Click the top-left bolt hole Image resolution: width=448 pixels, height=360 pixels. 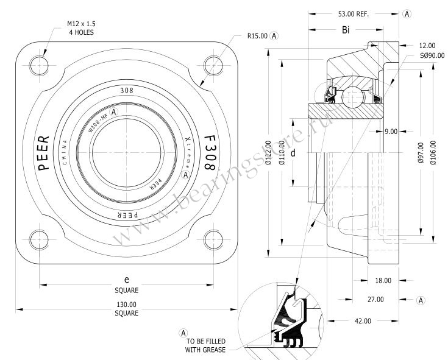[39, 66]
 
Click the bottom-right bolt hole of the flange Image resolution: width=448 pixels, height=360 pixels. [213, 240]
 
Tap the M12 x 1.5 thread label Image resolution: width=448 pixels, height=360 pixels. [82, 24]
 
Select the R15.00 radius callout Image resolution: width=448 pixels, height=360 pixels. [257, 36]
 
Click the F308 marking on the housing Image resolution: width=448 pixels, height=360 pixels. [210, 152]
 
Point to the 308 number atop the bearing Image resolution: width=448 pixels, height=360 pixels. [127, 91]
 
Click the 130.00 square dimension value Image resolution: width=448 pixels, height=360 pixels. [126, 305]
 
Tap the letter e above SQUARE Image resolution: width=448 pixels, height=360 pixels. [126, 280]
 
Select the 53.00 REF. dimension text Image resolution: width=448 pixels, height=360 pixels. [354, 14]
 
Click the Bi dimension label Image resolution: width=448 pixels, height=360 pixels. [346, 30]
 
